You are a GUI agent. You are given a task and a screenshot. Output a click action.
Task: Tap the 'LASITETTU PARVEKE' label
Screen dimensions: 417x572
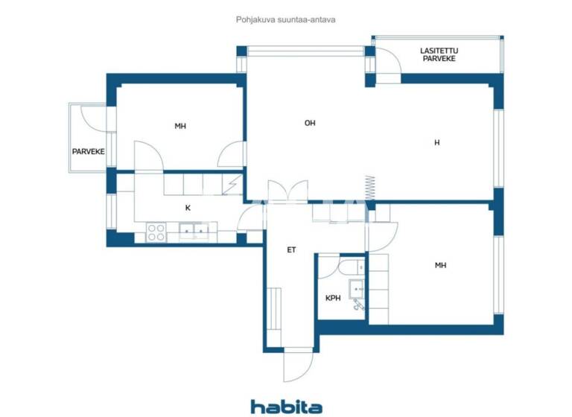440,54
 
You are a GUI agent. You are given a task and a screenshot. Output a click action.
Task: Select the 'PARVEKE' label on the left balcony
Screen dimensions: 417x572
88,152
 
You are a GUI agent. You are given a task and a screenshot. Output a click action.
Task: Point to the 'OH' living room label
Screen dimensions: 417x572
310,123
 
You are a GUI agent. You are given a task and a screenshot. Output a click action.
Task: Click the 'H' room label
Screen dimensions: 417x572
436,142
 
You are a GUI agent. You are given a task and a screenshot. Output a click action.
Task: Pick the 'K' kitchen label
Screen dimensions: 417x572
188,208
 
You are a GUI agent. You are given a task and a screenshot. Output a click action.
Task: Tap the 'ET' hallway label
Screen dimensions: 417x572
292,249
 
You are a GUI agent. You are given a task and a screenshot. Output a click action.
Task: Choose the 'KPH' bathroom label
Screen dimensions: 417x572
333,298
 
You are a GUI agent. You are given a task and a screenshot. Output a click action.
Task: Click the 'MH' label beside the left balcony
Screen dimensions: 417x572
180,126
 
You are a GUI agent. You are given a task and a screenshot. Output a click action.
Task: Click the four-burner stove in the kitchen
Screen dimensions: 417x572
156,232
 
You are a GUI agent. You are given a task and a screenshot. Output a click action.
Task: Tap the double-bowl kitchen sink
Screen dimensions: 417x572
195,232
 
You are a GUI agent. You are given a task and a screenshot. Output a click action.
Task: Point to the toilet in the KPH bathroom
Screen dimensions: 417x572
351,267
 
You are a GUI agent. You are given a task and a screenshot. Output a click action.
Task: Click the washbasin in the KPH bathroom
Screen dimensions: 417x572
357,287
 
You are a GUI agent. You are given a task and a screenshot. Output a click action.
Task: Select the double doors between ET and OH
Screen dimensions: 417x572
287,192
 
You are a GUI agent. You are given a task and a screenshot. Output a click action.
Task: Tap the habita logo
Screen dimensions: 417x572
286,406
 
